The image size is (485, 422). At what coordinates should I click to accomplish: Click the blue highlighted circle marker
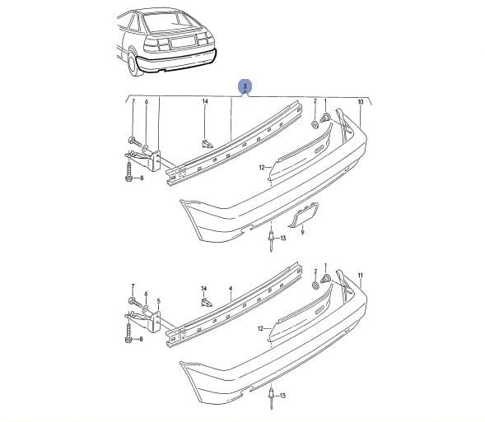click(x=245, y=86)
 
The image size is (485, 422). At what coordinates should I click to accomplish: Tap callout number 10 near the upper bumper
click(x=361, y=102)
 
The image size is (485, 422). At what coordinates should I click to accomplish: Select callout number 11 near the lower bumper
click(x=360, y=276)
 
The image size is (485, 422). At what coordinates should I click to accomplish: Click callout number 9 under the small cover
click(x=302, y=232)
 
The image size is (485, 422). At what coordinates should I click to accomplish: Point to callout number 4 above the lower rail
click(x=231, y=289)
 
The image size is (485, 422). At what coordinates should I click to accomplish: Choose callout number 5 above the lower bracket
click(x=159, y=300)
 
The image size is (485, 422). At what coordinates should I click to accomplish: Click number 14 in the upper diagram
click(x=205, y=101)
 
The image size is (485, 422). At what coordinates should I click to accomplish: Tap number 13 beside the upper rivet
click(x=283, y=239)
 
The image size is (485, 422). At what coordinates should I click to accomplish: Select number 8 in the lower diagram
click(x=141, y=339)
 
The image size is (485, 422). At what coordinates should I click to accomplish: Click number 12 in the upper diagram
click(x=262, y=168)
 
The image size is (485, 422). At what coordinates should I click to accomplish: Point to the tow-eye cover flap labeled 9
click(x=304, y=215)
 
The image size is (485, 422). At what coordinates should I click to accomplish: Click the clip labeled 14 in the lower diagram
click(x=207, y=302)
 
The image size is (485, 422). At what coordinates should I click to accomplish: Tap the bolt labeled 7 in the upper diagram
click(x=134, y=141)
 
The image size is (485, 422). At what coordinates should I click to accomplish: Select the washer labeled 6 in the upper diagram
click(x=146, y=149)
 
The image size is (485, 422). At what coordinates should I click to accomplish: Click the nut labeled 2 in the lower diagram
click(x=315, y=285)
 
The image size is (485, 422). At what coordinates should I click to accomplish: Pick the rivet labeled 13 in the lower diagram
click(x=271, y=398)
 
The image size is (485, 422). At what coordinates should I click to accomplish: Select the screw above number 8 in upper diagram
click(x=129, y=171)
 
